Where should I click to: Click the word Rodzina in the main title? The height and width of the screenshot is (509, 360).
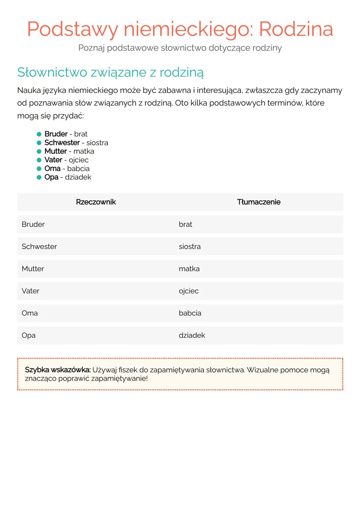coord(296,29)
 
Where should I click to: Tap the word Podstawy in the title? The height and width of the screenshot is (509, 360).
coord(72,29)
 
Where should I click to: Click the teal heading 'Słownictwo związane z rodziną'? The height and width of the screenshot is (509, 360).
coord(110,72)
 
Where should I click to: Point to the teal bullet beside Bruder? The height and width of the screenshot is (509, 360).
coord(39,134)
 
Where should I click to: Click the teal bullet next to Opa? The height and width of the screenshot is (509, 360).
coord(39,177)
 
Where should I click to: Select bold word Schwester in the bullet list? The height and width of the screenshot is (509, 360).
coord(62,143)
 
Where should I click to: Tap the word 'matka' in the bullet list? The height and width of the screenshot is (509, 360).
coord(84,151)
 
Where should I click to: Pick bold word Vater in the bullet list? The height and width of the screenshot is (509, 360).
coord(53,160)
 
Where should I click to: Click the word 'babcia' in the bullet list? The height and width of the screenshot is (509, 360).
coord(78,169)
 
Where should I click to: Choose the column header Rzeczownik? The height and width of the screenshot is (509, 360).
coord(96,202)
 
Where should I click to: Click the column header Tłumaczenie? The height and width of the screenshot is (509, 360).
coord(259,202)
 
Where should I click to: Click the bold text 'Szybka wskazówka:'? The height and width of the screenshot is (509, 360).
coord(58,370)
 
